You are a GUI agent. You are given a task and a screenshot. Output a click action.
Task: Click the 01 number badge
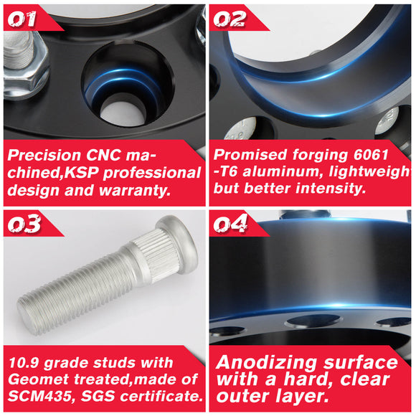click(22, 19)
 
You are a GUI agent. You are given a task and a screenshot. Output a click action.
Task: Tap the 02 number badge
click(230, 19)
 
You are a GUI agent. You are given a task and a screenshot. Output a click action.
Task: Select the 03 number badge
click(24, 224)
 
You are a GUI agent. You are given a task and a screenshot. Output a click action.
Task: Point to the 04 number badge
click(230, 224)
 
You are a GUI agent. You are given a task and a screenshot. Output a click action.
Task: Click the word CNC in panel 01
click(103, 155)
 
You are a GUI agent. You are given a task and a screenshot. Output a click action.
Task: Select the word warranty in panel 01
click(135, 191)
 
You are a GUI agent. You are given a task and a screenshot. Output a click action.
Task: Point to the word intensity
click(331, 189)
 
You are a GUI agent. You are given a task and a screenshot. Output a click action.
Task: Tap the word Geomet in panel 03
click(38, 379)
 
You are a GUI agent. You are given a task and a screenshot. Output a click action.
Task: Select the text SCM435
click(39, 396)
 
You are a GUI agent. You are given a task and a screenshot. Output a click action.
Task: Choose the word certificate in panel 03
click(161, 396)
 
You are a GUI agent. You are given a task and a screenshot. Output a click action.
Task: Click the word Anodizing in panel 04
click(266, 362)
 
